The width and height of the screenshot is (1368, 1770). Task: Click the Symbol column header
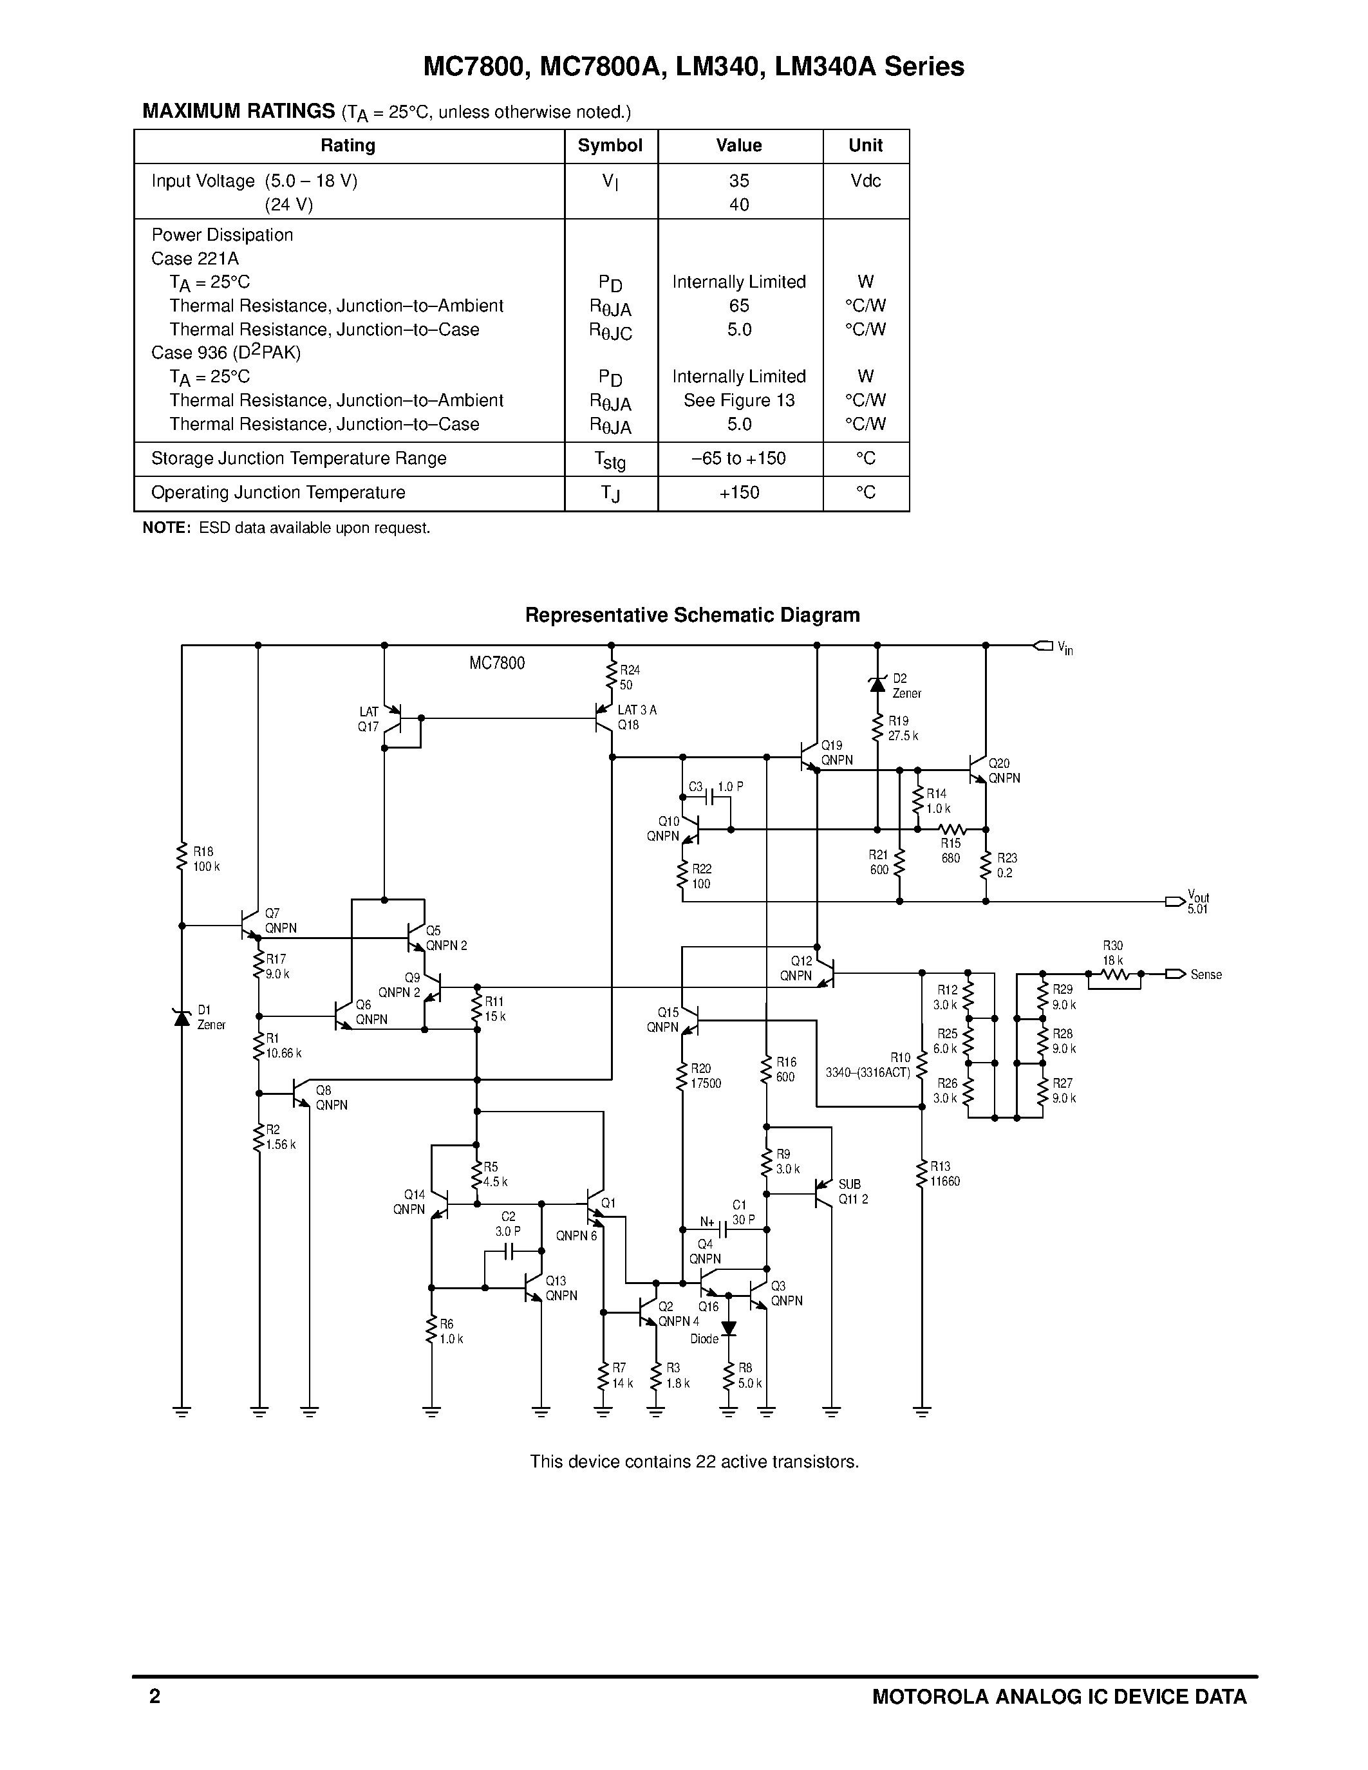pos(610,146)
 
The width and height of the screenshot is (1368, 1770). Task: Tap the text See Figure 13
pos(738,400)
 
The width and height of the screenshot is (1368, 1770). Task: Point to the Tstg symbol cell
pos(610,460)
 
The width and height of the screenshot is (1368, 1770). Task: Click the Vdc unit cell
pos(865,181)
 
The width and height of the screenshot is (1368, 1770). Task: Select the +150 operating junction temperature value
pos(738,493)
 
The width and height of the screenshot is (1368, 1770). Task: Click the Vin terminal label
pos(1065,647)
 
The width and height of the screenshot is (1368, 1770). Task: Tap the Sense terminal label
pos(1205,975)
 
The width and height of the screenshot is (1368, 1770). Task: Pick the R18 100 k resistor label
pos(206,859)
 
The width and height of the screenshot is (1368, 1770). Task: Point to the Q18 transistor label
pos(628,725)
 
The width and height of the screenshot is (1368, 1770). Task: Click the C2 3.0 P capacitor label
pos(508,1224)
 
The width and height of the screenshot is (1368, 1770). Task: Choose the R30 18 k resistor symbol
pos(1114,976)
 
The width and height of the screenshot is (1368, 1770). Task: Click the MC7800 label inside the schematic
pos(497,664)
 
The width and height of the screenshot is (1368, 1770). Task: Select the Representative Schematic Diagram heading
pos(692,615)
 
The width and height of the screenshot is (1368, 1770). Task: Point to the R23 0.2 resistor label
pos(1007,866)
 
